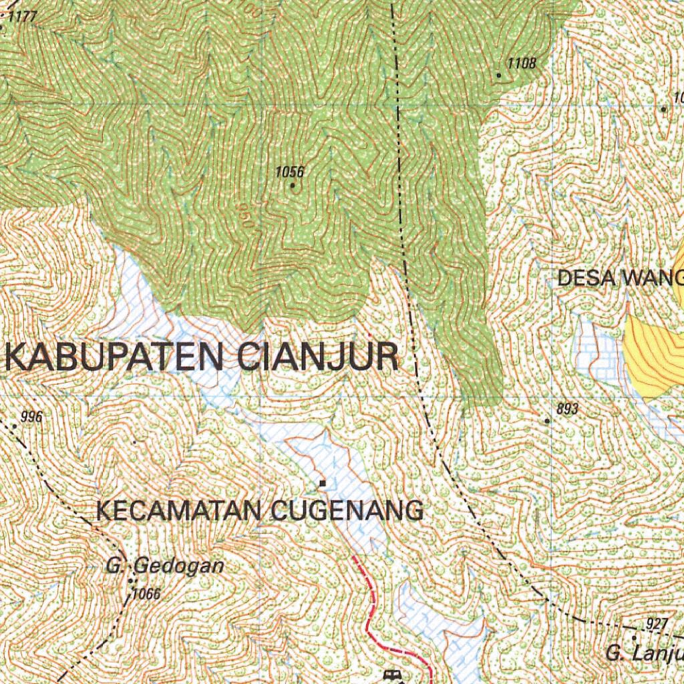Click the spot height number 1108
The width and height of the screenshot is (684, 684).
pos(522,64)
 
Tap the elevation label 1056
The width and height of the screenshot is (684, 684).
pos(290,172)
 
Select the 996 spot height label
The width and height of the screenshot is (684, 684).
pos(32,417)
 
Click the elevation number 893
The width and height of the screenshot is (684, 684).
pos(566,409)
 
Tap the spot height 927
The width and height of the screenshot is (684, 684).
pos(657,625)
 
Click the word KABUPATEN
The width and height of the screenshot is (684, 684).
pos(114,357)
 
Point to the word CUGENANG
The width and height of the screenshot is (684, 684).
pos(348,511)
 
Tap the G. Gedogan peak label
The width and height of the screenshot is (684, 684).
pos(164,566)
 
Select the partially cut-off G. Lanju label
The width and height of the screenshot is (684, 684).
pos(645,653)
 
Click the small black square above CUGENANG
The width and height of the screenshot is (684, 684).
pos(323,483)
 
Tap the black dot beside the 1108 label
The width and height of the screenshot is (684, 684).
pos(498,75)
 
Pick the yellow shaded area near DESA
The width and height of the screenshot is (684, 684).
pos(651,354)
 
